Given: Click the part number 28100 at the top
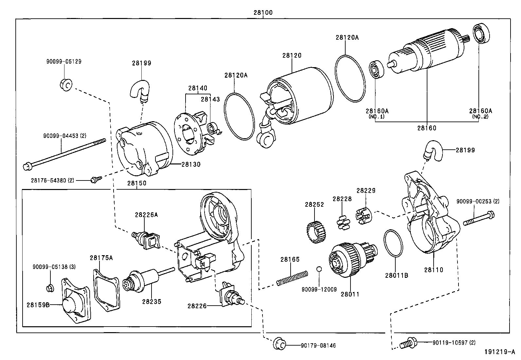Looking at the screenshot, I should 263,13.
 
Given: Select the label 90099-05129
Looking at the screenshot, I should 63,61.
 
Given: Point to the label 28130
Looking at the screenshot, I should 191,164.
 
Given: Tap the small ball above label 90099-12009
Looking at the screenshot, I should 319,269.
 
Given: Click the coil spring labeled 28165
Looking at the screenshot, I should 292,278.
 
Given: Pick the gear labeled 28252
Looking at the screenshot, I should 316,233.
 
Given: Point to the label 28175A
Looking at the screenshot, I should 101,257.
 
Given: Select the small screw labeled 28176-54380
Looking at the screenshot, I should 96,179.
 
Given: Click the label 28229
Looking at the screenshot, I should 366,190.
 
